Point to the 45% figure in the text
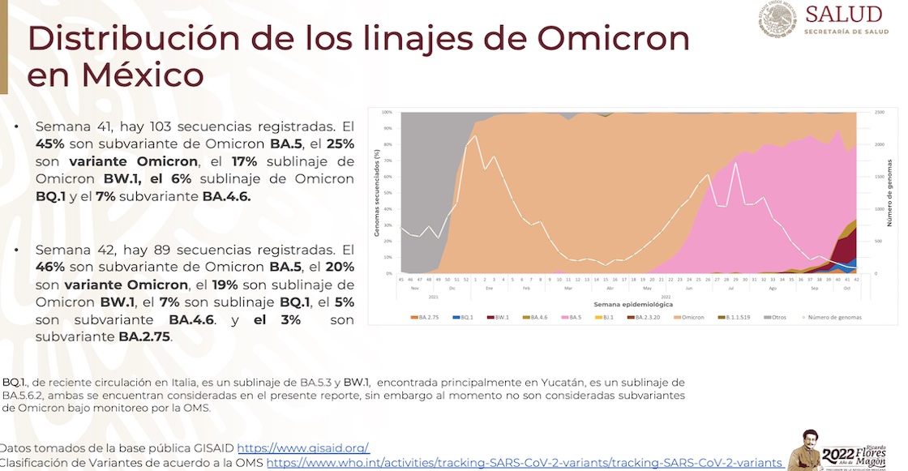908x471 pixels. point(52,143)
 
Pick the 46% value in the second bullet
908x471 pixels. point(52,268)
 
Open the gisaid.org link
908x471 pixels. point(303,447)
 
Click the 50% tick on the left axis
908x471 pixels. point(387,193)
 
